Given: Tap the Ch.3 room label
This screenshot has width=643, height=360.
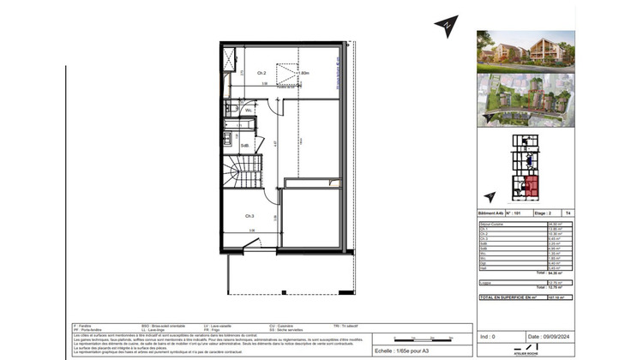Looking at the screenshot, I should (249, 215).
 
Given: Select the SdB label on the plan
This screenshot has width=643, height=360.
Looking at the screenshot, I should (244, 146).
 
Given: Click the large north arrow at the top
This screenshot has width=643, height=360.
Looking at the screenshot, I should (446, 24).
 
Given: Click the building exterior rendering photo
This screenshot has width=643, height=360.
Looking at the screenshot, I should (526, 51).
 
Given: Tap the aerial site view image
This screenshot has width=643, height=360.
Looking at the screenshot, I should (526, 99).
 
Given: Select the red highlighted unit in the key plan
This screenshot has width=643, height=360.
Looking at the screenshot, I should (532, 183).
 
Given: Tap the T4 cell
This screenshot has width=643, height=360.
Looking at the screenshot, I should (568, 212).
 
